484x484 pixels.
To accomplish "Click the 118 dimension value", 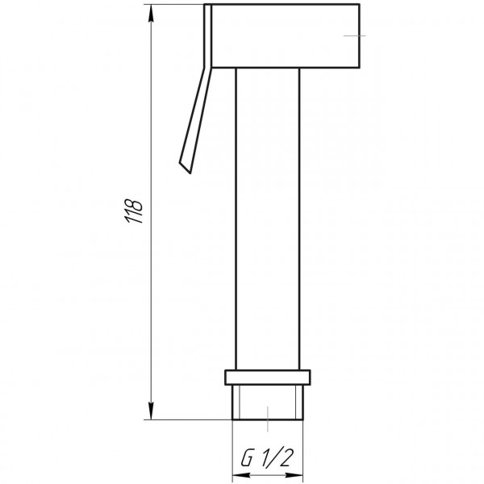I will pos(137,211).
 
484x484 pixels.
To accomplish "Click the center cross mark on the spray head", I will pos(354,35).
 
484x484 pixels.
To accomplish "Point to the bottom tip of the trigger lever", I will pos(185,169).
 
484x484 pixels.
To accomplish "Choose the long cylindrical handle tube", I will pos(267,218).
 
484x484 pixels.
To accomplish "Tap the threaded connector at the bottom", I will pos(267,403).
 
